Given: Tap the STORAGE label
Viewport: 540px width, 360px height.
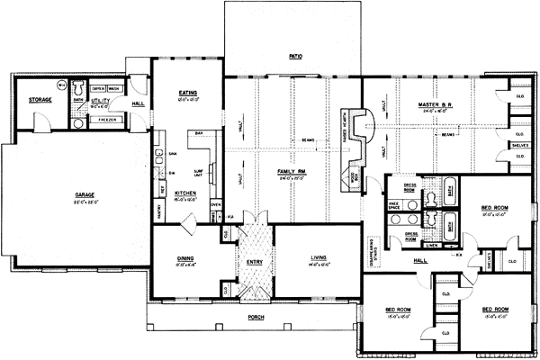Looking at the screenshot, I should coord(39,99).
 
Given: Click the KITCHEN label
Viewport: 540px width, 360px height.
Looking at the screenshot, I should coord(185,193).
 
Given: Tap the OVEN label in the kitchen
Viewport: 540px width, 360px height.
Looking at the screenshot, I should coord(216,204).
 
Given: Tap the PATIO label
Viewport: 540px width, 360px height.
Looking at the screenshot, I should coord(294,56).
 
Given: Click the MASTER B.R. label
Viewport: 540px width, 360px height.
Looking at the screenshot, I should coord(435,104).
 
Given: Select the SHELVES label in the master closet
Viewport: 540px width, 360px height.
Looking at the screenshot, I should coord(519,144).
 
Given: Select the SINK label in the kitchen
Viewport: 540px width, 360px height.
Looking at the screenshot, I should coord(172,155).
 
